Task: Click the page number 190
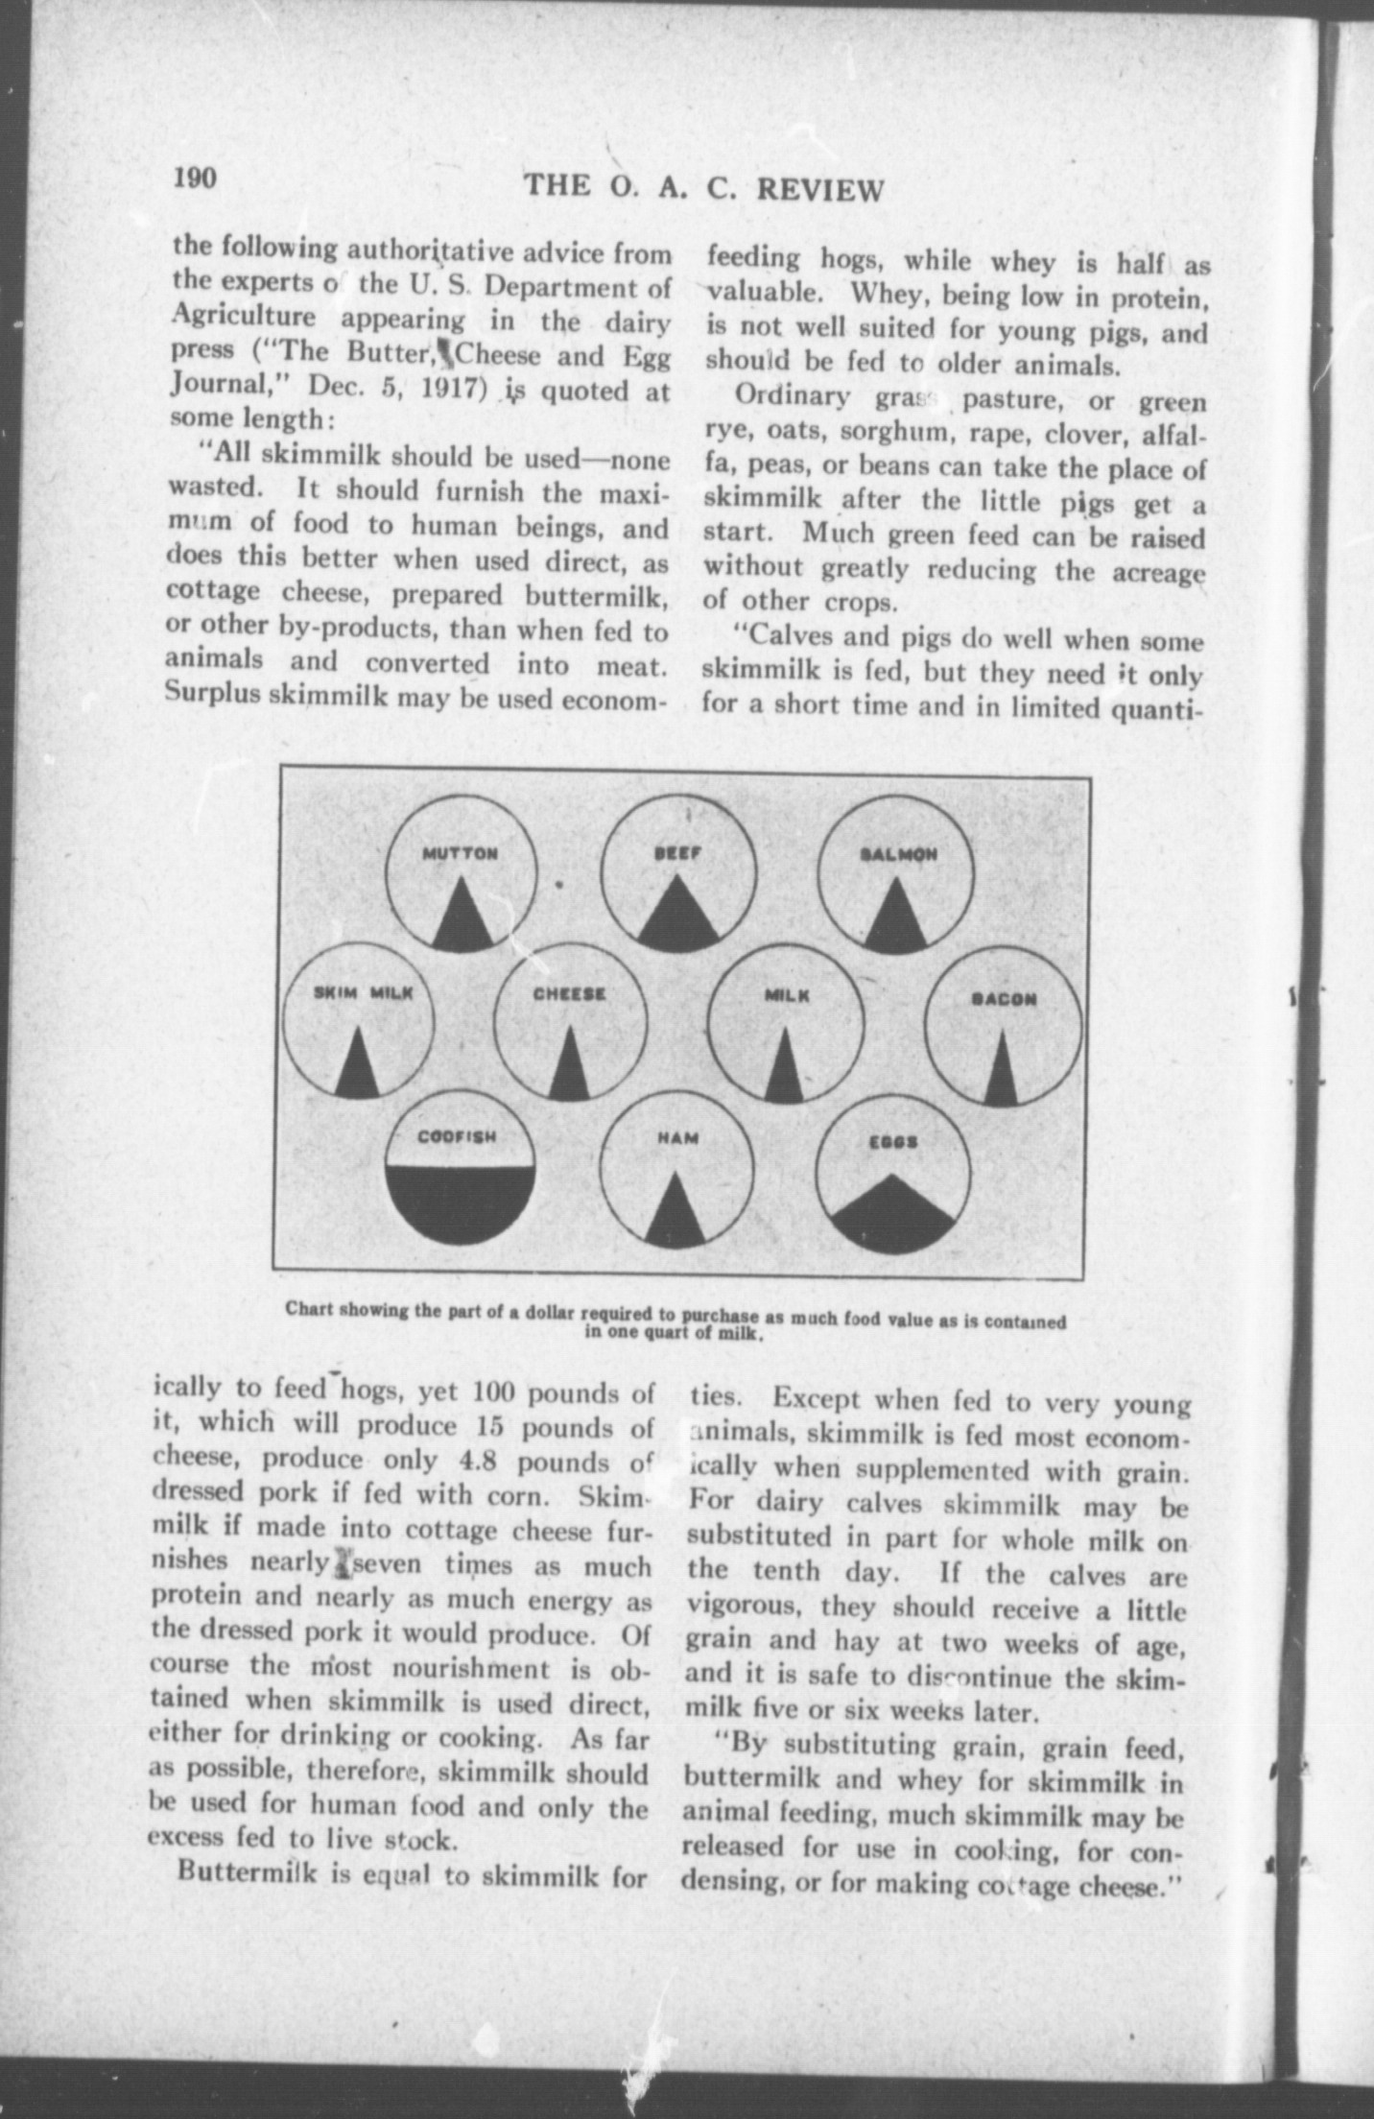pos(197,179)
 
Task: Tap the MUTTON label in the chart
pos(461,853)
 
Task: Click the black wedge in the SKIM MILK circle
pos(356,1070)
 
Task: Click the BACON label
pos(1004,998)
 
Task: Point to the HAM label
pos(677,1138)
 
